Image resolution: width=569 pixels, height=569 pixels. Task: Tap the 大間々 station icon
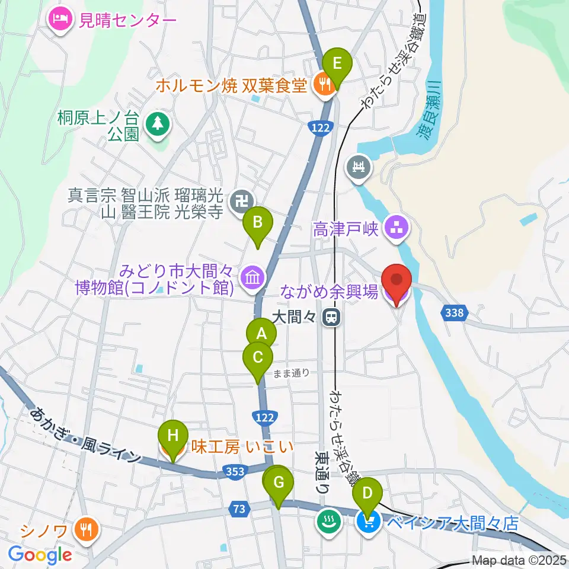tap(332, 318)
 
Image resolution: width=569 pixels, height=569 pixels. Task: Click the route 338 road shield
tap(455, 312)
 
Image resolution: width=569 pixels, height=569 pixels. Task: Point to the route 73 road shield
tap(239, 508)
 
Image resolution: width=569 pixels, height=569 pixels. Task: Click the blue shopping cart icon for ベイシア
tap(367, 522)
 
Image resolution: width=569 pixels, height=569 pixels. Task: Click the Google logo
tap(40, 555)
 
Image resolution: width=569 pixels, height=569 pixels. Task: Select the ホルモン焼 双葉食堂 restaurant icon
tap(323, 85)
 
